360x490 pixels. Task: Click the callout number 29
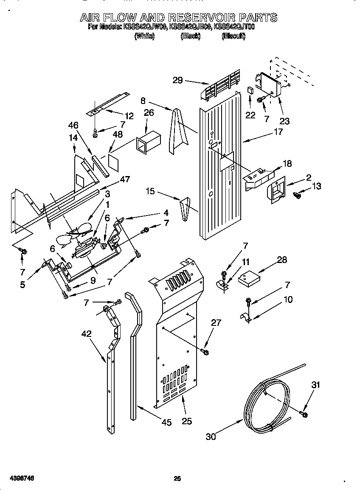pos(178,80)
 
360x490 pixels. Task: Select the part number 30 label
pos(211,436)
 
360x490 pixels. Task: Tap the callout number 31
pos(315,385)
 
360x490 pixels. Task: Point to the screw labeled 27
pos(205,352)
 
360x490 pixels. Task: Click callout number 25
pos(186,421)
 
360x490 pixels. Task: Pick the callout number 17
pos(278,132)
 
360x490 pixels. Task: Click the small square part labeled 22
pos(250,90)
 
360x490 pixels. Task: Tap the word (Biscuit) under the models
pos(233,36)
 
